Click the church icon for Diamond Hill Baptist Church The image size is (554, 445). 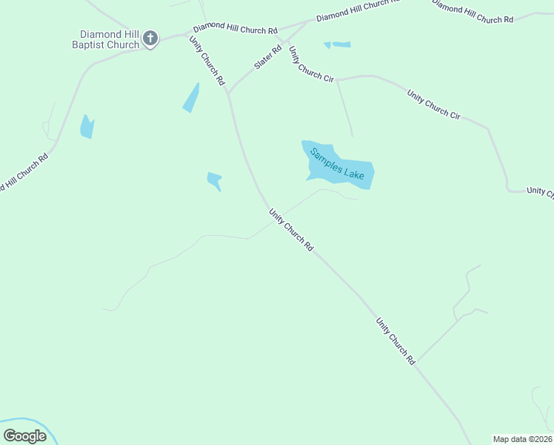coord(150,39)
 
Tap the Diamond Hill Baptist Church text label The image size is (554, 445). coord(110,39)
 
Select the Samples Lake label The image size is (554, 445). coord(337,165)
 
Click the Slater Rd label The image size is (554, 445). coord(268,58)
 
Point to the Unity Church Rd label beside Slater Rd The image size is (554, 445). coord(207,62)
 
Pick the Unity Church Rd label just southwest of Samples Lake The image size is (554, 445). coord(291,228)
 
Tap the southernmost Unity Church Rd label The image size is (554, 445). coord(396,341)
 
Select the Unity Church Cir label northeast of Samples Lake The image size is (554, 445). coord(434,105)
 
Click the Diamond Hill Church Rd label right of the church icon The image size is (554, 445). coord(235,27)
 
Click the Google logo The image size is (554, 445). coord(24,436)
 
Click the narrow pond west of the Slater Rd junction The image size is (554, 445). coord(192,98)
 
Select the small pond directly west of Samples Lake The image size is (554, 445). coord(214,180)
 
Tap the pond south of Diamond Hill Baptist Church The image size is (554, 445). coord(87,128)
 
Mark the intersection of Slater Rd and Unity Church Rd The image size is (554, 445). coord(228,93)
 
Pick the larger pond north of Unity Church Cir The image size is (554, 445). coord(341,44)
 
